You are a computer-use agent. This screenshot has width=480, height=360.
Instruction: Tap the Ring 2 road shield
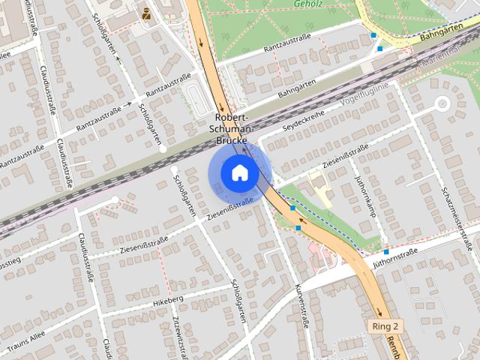385,326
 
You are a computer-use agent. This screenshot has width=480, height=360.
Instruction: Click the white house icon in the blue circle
239,173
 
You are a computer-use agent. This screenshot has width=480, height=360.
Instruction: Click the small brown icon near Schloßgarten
145,13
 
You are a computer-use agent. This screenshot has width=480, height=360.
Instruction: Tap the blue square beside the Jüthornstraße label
385,251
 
